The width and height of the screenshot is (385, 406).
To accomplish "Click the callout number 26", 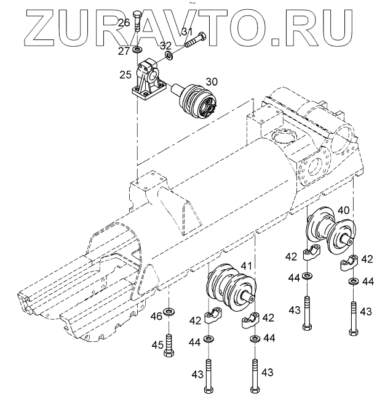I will click(x=124, y=23).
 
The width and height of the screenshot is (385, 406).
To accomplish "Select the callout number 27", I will click(x=124, y=50).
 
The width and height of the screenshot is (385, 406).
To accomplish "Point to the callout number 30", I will click(x=212, y=81).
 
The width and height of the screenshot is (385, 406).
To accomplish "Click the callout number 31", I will click(x=187, y=32).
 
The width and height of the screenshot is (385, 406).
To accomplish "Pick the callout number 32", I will click(x=166, y=45).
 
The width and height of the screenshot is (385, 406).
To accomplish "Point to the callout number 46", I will click(x=157, y=317).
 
